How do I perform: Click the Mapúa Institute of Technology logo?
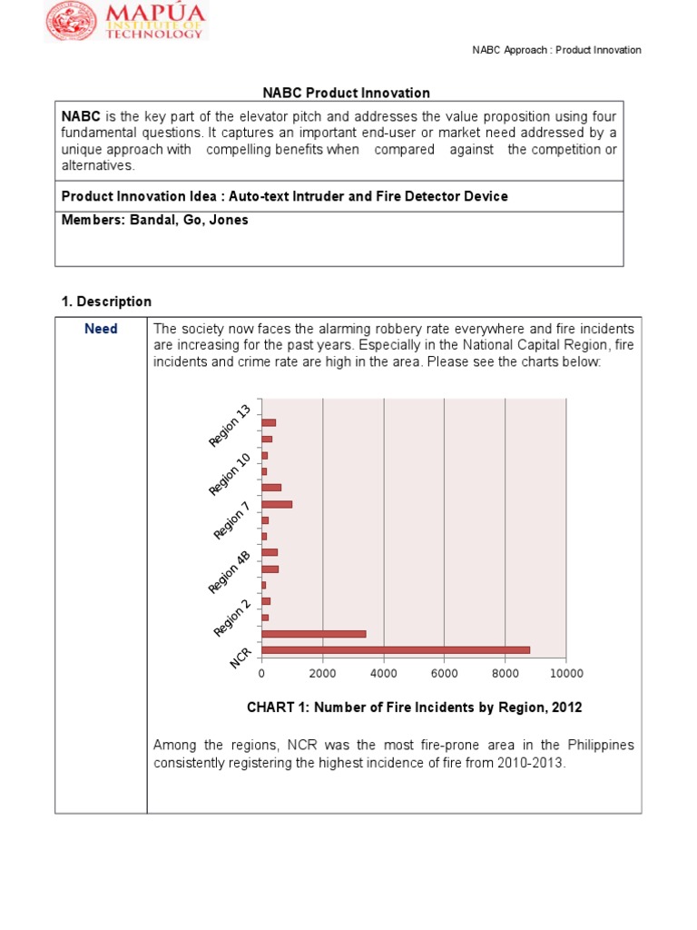pos(127,22)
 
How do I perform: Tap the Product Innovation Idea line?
pos(285,196)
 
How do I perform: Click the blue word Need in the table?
pos(101,329)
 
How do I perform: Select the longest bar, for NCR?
pos(395,649)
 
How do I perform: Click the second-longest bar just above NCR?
pos(313,633)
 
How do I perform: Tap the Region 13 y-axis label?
pos(230,426)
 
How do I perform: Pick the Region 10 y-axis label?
pos(230,474)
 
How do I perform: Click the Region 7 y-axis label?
pos(231,519)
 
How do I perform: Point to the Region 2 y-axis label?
pos(231,618)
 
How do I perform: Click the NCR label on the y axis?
pos(241,658)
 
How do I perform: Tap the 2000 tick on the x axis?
pos(322,674)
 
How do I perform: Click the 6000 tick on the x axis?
pos(444,674)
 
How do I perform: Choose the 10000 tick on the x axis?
pos(565,674)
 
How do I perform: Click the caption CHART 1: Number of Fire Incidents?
pos(414,707)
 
